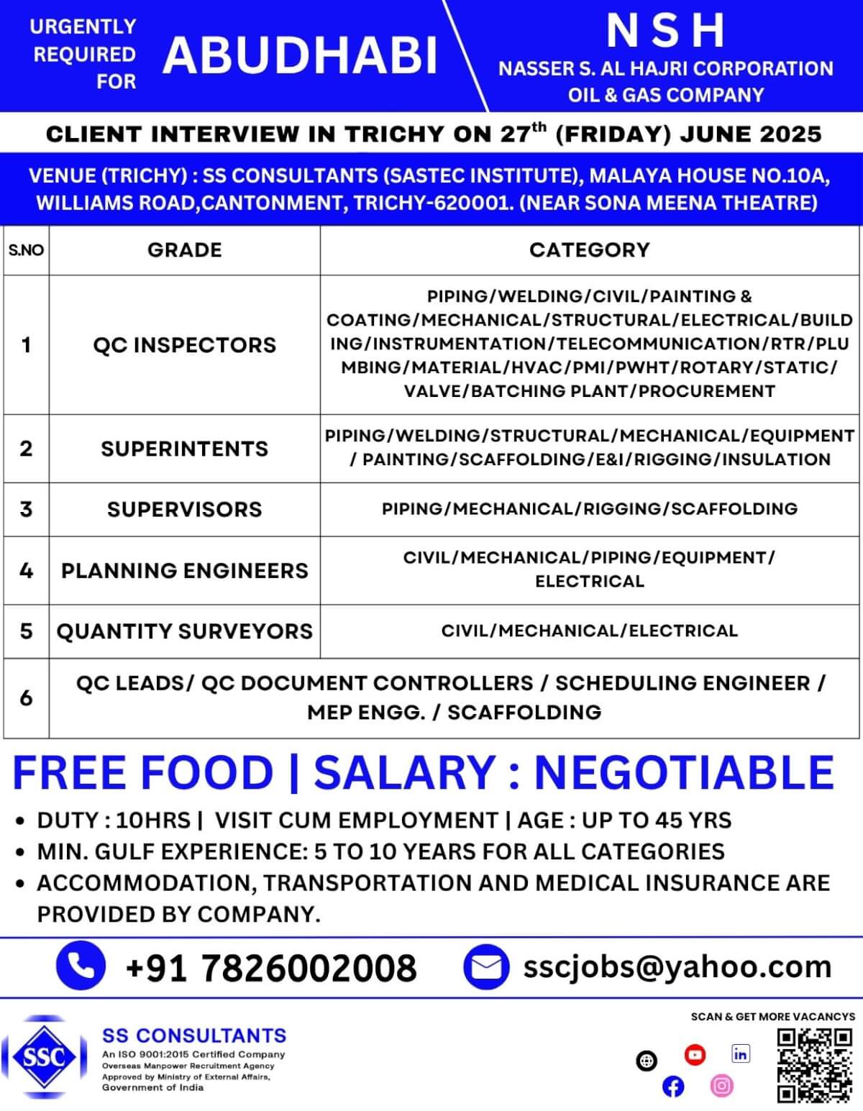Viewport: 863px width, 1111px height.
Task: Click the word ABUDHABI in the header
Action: click(301, 55)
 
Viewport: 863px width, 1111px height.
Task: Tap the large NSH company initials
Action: click(665, 30)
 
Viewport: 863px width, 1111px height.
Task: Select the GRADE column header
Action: click(185, 250)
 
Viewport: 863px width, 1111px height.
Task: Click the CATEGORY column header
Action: click(589, 250)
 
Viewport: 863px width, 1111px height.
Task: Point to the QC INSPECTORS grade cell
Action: click(185, 345)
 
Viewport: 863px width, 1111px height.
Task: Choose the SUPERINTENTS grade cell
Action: click(185, 449)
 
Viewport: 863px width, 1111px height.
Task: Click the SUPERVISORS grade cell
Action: click(185, 509)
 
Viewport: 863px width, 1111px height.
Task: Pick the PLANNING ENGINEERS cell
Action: click(185, 570)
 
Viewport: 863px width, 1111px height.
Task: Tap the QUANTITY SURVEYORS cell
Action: click(185, 631)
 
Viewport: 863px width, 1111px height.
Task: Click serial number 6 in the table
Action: click(27, 698)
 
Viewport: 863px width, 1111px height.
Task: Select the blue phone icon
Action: click(81, 966)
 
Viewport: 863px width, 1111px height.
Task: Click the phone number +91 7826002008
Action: click(271, 968)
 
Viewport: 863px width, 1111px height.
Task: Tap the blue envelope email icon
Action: click(486, 967)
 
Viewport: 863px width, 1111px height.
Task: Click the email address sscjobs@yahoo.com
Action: click(677, 966)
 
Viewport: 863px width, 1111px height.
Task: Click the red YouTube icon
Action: click(695, 1055)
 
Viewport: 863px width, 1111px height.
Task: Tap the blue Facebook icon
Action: click(673, 1087)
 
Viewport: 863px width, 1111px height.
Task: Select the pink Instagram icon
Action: click(721, 1085)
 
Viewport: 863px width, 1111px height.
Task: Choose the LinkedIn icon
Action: click(740, 1054)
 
